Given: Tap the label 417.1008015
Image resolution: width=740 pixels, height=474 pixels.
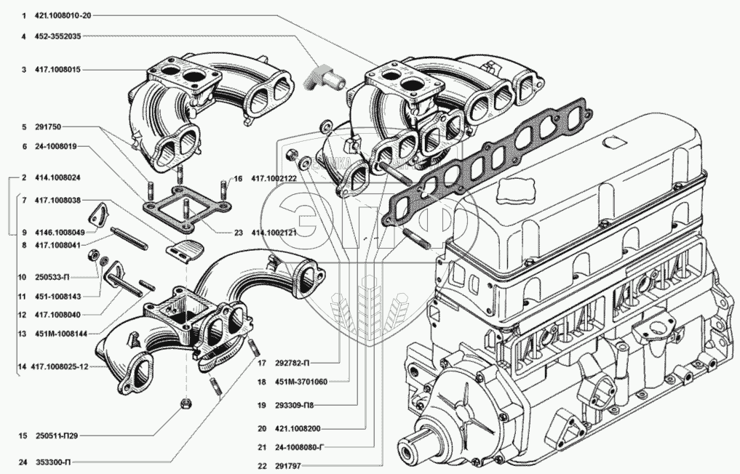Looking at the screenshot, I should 57,70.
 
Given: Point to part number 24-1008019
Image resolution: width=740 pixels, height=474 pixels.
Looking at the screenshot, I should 57,145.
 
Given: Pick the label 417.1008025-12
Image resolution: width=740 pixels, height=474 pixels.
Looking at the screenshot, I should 60,367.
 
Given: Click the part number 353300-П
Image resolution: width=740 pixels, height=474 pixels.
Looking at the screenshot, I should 52,462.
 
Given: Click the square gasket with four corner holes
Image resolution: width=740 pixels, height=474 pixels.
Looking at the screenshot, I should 187,206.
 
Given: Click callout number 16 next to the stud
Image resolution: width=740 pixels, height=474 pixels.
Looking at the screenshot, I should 237,178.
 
